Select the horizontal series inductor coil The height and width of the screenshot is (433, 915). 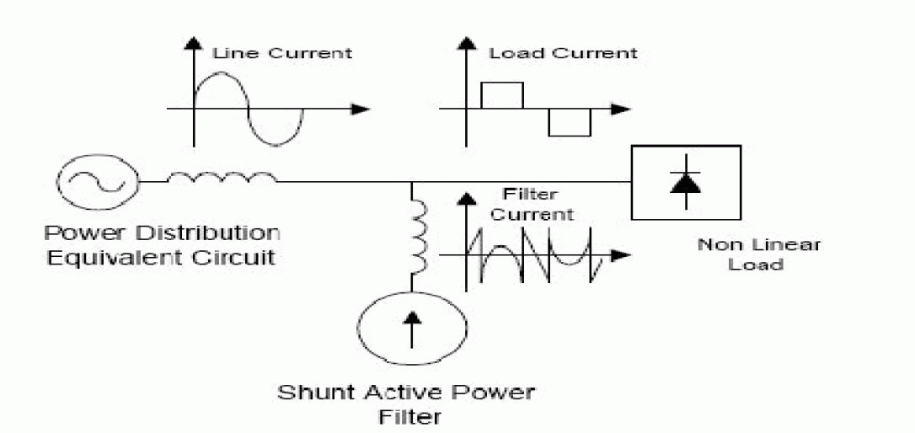point(222,179)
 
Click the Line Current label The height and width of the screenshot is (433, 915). point(281,52)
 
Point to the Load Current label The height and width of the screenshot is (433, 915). point(563,52)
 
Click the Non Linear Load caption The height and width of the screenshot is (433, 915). point(758,254)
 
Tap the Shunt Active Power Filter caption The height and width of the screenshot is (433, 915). point(408,403)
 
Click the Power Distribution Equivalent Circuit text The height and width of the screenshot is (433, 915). point(162,243)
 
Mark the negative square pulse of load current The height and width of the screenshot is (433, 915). point(570,122)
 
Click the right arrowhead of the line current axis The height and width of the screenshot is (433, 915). point(361,109)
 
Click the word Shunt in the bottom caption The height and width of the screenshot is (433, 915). point(307,393)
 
